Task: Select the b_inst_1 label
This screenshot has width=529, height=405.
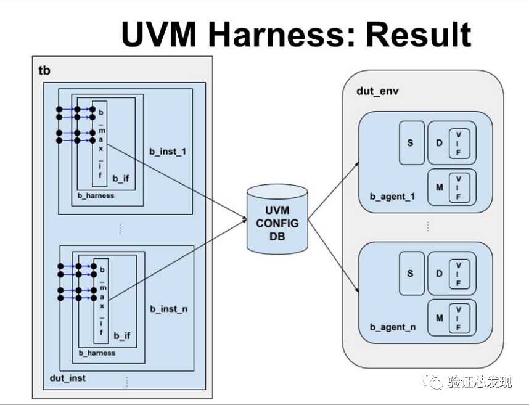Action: coord(167,150)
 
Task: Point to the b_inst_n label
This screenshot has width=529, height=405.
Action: coord(168,308)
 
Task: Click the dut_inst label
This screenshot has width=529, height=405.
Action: coord(68,377)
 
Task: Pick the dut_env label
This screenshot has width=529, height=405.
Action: coord(376,91)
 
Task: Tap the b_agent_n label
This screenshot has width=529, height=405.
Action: coord(393,327)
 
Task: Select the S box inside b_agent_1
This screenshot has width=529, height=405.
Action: coord(411,142)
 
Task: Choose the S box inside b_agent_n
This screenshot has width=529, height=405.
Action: coord(411,273)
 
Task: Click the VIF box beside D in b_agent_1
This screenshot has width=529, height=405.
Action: coord(459,143)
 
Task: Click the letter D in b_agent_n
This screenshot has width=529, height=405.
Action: coord(440,273)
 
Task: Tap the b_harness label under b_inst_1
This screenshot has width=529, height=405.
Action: coord(96,195)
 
